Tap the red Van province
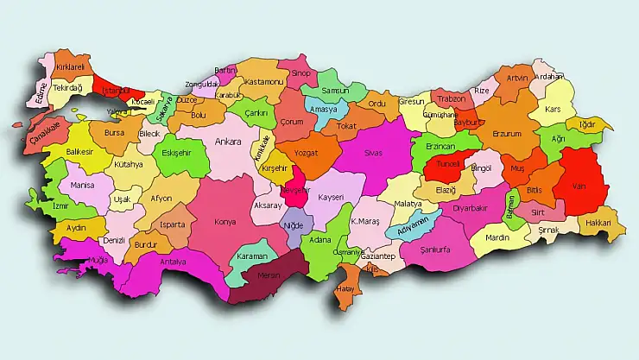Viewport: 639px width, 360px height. (580, 182)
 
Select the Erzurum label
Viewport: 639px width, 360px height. (507, 133)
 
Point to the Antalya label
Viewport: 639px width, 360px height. (174, 262)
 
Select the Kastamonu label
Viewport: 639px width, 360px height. (263, 82)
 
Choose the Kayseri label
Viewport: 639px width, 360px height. (330, 197)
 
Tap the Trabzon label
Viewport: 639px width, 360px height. (451, 99)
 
